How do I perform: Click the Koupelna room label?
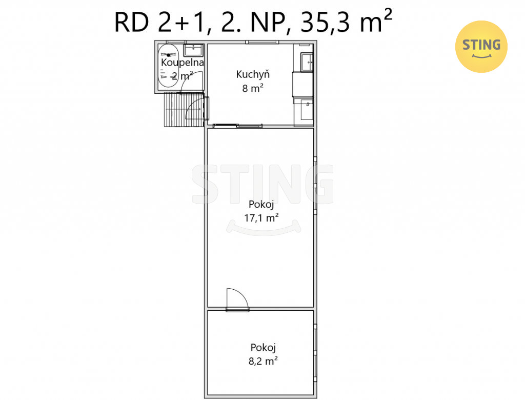click(182, 63)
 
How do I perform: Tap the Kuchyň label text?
click(252, 74)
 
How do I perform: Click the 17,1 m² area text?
click(261, 218)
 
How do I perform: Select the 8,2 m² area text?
click(263, 361)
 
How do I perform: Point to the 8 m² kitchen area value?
click(253, 88)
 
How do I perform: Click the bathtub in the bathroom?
click(168, 66)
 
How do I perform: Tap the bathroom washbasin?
click(193, 50)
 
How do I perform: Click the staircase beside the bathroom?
click(184, 110)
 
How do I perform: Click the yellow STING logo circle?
click(481, 47)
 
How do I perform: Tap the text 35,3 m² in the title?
click(346, 21)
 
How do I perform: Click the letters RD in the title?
click(132, 23)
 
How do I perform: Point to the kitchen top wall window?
click(262, 42)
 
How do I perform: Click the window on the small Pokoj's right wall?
click(315, 352)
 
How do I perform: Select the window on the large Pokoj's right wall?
click(315, 185)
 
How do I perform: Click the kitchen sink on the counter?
click(307, 62)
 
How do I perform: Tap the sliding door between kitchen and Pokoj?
click(237, 126)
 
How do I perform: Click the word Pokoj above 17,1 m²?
click(261, 204)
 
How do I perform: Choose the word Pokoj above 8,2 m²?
click(263, 347)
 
